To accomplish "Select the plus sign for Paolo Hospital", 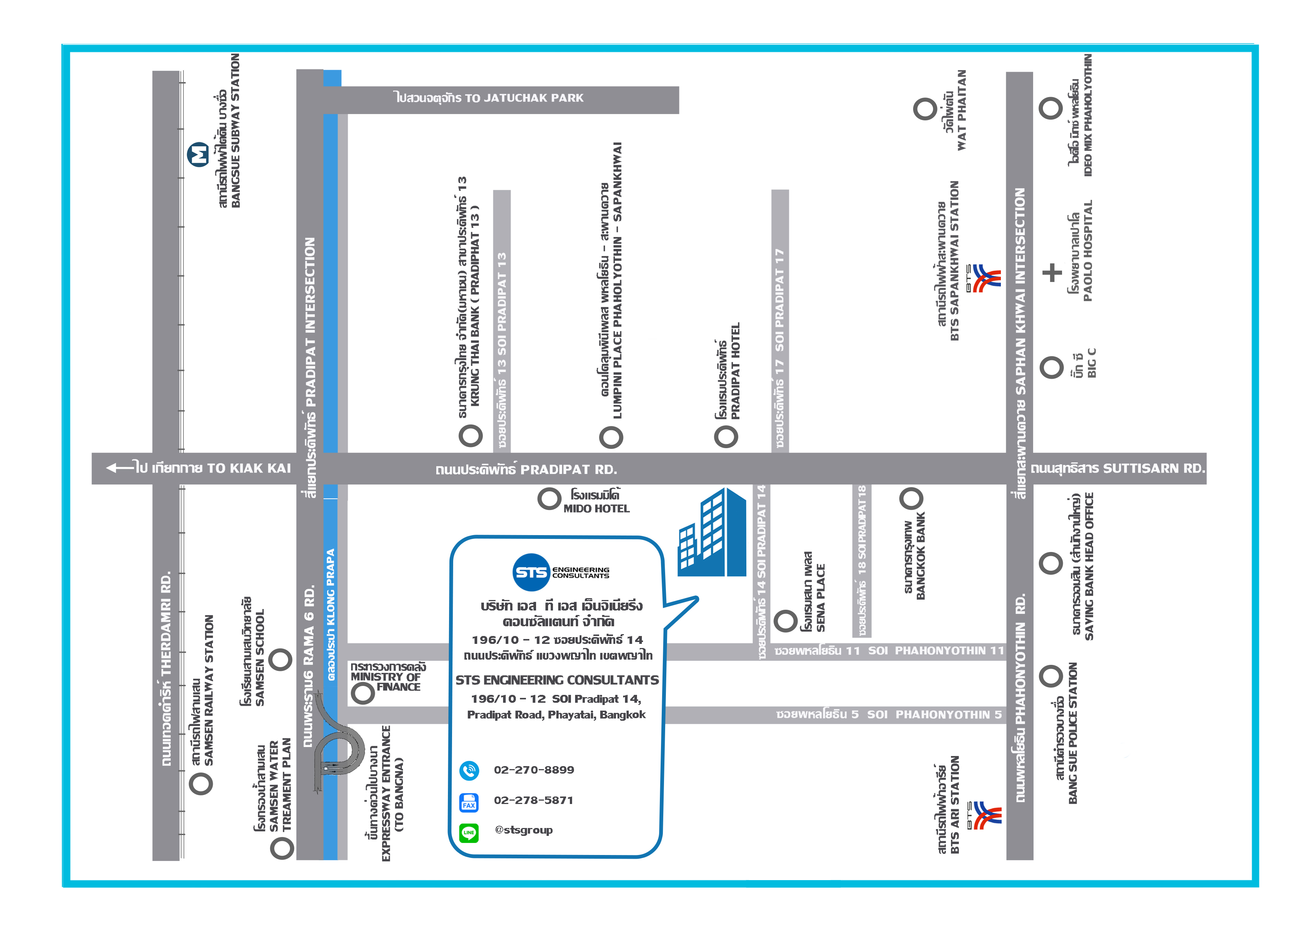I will pyautogui.click(x=1052, y=273).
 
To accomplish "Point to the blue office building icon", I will pyautogui.click(x=712, y=533).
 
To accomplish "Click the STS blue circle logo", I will pyautogui.click(x=531, y=572).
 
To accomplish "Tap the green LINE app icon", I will pyautogui.click(x=469, y=832).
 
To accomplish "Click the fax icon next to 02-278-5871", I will pyautogui.click(x=469, y=802).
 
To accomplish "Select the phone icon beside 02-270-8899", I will pyautogui.click(x=469, y=771).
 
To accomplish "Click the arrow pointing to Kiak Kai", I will pyautogui.click(x=120, y=468).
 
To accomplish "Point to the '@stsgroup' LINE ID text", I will pyautogui.click(x=523, y=830).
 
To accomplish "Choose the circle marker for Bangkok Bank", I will pyautogui.click(x=911, y=498).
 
